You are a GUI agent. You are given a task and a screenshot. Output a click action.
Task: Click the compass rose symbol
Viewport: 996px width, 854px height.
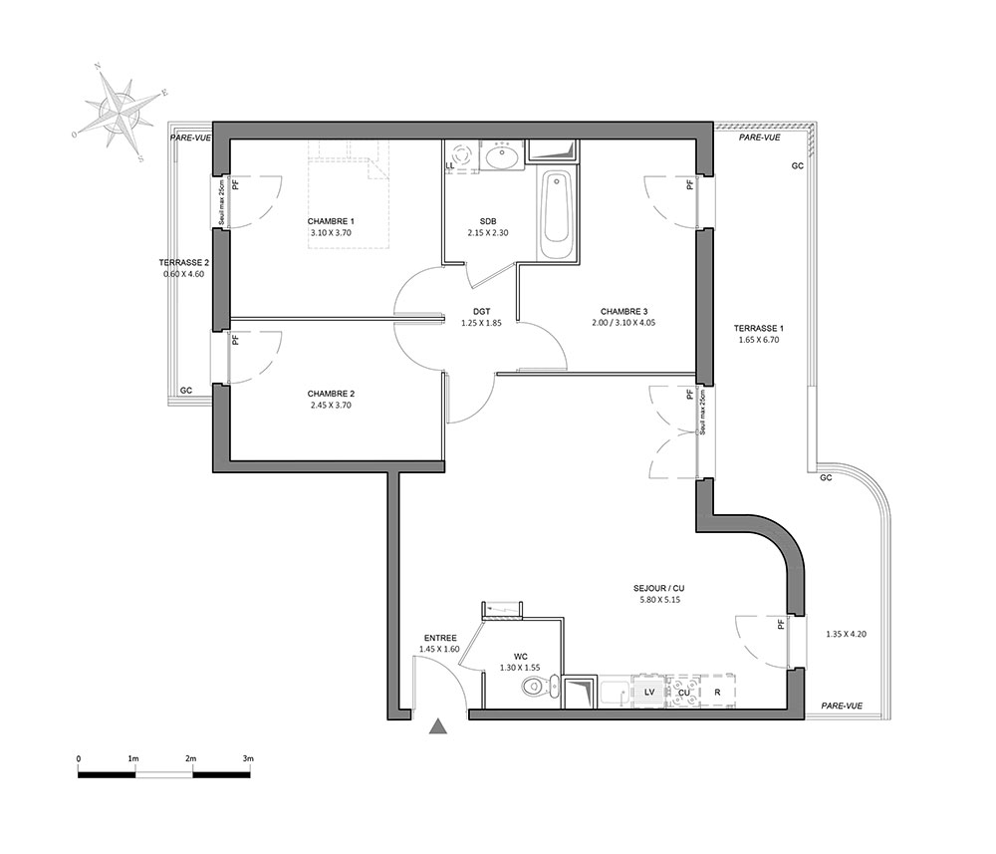tap(119, 112)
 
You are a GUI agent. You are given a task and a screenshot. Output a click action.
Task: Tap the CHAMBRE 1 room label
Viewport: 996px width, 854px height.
tap(331, 221)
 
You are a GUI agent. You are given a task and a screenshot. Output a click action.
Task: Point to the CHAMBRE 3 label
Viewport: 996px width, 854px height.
tap(623, 311)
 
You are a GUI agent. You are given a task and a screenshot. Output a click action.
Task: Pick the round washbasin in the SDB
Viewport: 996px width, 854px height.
tap(501, 155)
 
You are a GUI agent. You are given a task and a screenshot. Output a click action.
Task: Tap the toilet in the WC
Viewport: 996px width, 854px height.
tap(539, 687)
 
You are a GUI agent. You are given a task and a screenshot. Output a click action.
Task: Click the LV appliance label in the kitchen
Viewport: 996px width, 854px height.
tap(649, 692)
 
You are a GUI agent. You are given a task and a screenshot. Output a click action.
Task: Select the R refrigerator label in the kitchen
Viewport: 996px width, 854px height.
tap(717, 693)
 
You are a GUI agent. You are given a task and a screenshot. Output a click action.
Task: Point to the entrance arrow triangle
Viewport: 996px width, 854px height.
tap(437, 726)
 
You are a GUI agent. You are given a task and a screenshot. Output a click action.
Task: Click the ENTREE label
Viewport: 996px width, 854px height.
tap(440, 638)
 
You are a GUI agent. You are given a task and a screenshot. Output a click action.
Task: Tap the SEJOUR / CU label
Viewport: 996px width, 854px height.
tap(658, 588)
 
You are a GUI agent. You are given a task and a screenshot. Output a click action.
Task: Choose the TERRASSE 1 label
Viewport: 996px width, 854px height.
tap(758, 329)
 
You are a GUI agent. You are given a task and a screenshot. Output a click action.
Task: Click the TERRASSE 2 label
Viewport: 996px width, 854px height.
tap(183, 262)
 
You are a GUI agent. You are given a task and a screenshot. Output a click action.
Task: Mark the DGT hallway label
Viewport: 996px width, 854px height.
tap(481, 311)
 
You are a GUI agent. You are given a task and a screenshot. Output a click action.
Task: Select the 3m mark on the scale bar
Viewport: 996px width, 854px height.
tap(248, 758)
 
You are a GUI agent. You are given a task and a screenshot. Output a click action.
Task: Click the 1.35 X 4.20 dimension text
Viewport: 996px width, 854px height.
tap(846, 634)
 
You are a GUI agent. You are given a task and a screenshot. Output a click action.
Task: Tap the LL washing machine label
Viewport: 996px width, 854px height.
tap(450, 165)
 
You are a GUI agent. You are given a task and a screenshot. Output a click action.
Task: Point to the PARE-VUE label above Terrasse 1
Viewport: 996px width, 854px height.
tap(760, 138)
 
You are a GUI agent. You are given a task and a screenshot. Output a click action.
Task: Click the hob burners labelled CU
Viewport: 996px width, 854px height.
tap(683, 691)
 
